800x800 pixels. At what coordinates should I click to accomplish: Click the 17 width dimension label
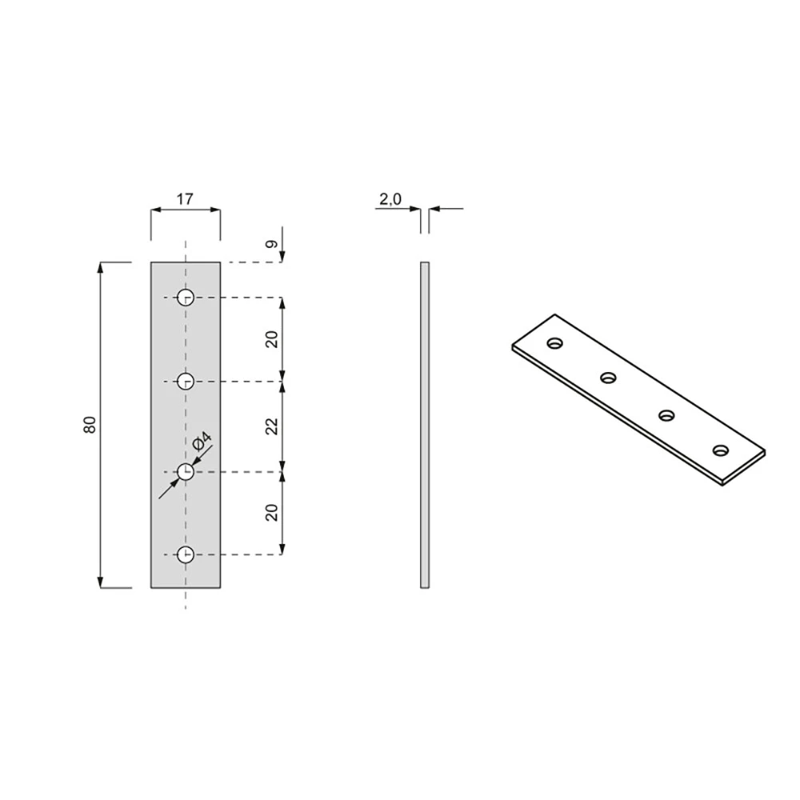tap(186, 199)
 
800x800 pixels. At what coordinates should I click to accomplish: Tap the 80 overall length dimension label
tap(90, 425)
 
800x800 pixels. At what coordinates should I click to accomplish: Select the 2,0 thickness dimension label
tap(390, 199)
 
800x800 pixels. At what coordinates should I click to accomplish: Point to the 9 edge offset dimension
tap(273, 244)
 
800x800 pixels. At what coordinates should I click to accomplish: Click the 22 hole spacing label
tap(273, 426)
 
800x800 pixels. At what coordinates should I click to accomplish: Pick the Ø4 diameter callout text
tap(202, 441)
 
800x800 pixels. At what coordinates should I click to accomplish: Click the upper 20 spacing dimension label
tap(273, 339)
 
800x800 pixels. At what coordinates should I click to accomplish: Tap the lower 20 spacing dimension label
tap(273, 512)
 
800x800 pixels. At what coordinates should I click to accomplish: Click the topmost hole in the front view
tap(186, 297)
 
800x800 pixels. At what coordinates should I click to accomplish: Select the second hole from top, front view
tap(186, 381)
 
